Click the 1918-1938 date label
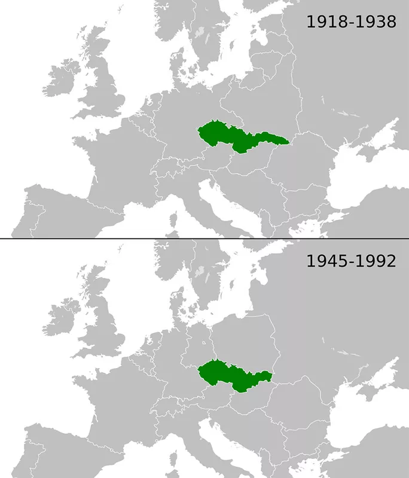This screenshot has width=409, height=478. point(351,23)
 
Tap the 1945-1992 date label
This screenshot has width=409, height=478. point(351,261)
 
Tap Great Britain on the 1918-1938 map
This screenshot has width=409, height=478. point(108,90)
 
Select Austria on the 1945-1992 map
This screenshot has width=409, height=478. point(209,399)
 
